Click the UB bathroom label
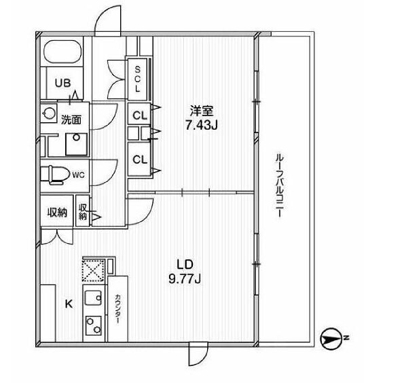point(62,83)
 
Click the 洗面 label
point(71,120)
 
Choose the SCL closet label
point(137,79)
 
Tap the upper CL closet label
point(139,115)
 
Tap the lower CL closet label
point(139,160)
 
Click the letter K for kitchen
point(69,305)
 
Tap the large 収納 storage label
point(57,213)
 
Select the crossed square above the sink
point(91,270)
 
